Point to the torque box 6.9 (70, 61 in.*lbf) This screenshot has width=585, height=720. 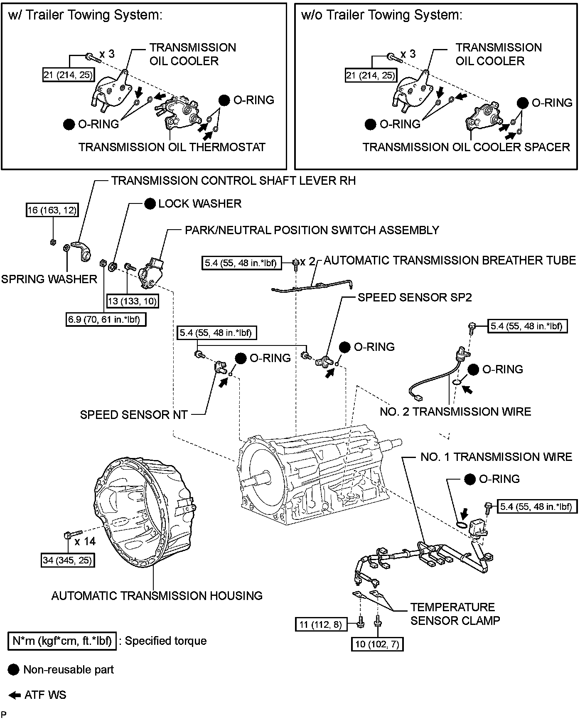point(106,319)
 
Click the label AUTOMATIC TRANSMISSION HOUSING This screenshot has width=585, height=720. point(157,595)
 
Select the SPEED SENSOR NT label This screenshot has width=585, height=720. point(134,414)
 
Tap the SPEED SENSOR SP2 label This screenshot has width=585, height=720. point(415,297)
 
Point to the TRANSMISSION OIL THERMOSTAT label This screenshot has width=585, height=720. point(172,147)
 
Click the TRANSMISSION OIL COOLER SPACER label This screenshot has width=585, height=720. point(466,147)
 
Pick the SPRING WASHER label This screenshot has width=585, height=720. point(49,279)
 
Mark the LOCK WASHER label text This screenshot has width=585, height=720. point(200,203)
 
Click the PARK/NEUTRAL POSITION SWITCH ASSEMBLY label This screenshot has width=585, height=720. point(312,230)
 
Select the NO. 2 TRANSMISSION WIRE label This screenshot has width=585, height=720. point(455,411)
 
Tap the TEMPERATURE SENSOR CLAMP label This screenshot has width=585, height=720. point(455,614)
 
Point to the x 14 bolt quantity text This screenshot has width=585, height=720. point(85,541)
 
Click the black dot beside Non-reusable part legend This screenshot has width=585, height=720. point(14,670)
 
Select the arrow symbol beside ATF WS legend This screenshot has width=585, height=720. point(14,695)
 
